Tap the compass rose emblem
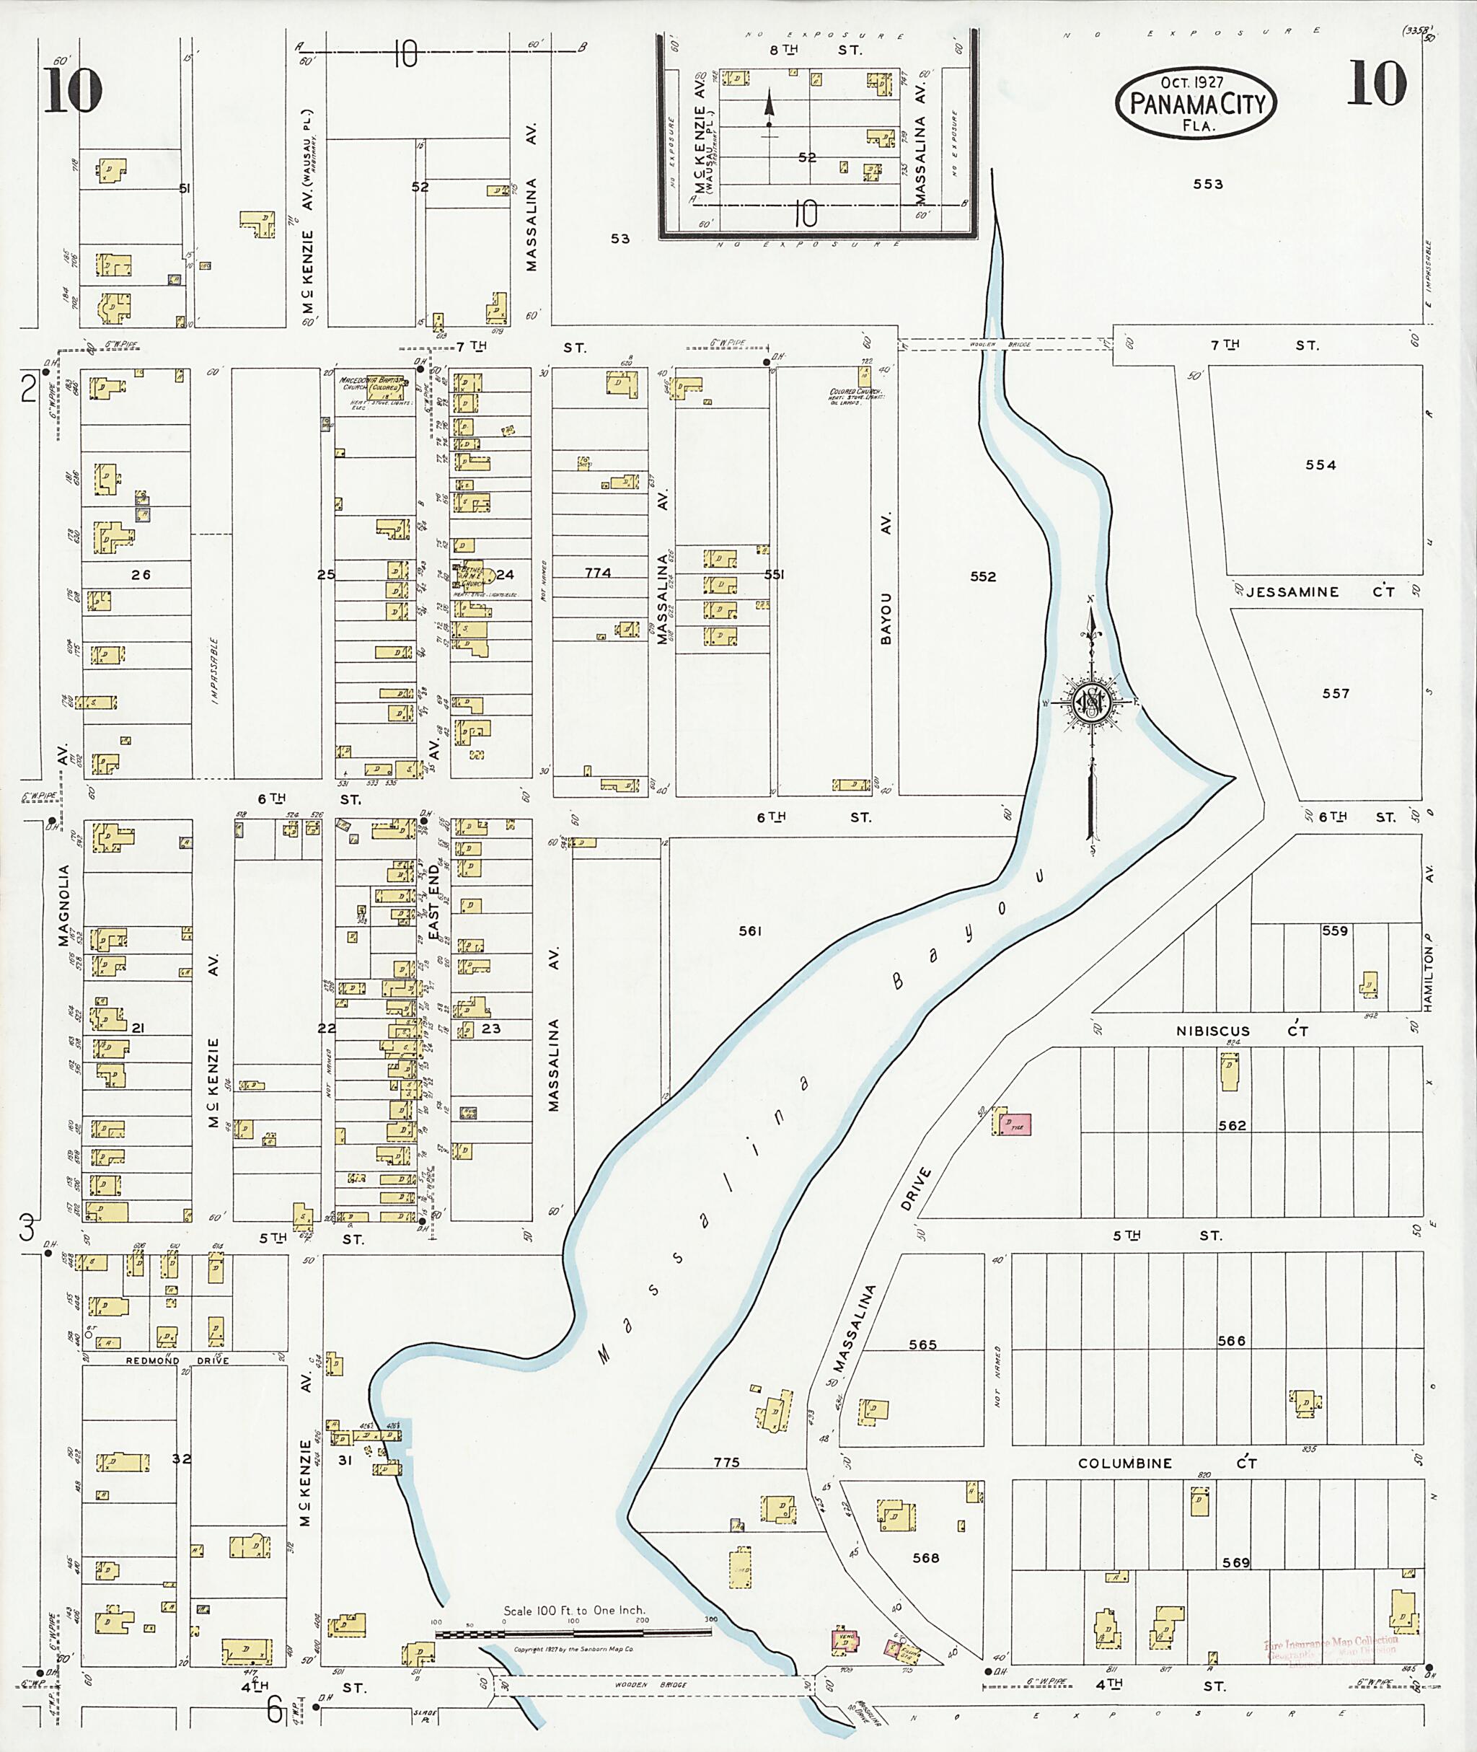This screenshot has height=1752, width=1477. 1092,702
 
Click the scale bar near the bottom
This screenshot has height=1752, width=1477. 573,1633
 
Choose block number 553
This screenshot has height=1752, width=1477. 1207,184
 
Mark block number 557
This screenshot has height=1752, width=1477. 1336,693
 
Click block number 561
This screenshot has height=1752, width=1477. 750,930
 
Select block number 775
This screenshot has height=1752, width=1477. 726,1462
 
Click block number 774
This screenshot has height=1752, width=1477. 598,573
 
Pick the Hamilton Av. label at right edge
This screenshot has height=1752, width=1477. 1429,972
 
